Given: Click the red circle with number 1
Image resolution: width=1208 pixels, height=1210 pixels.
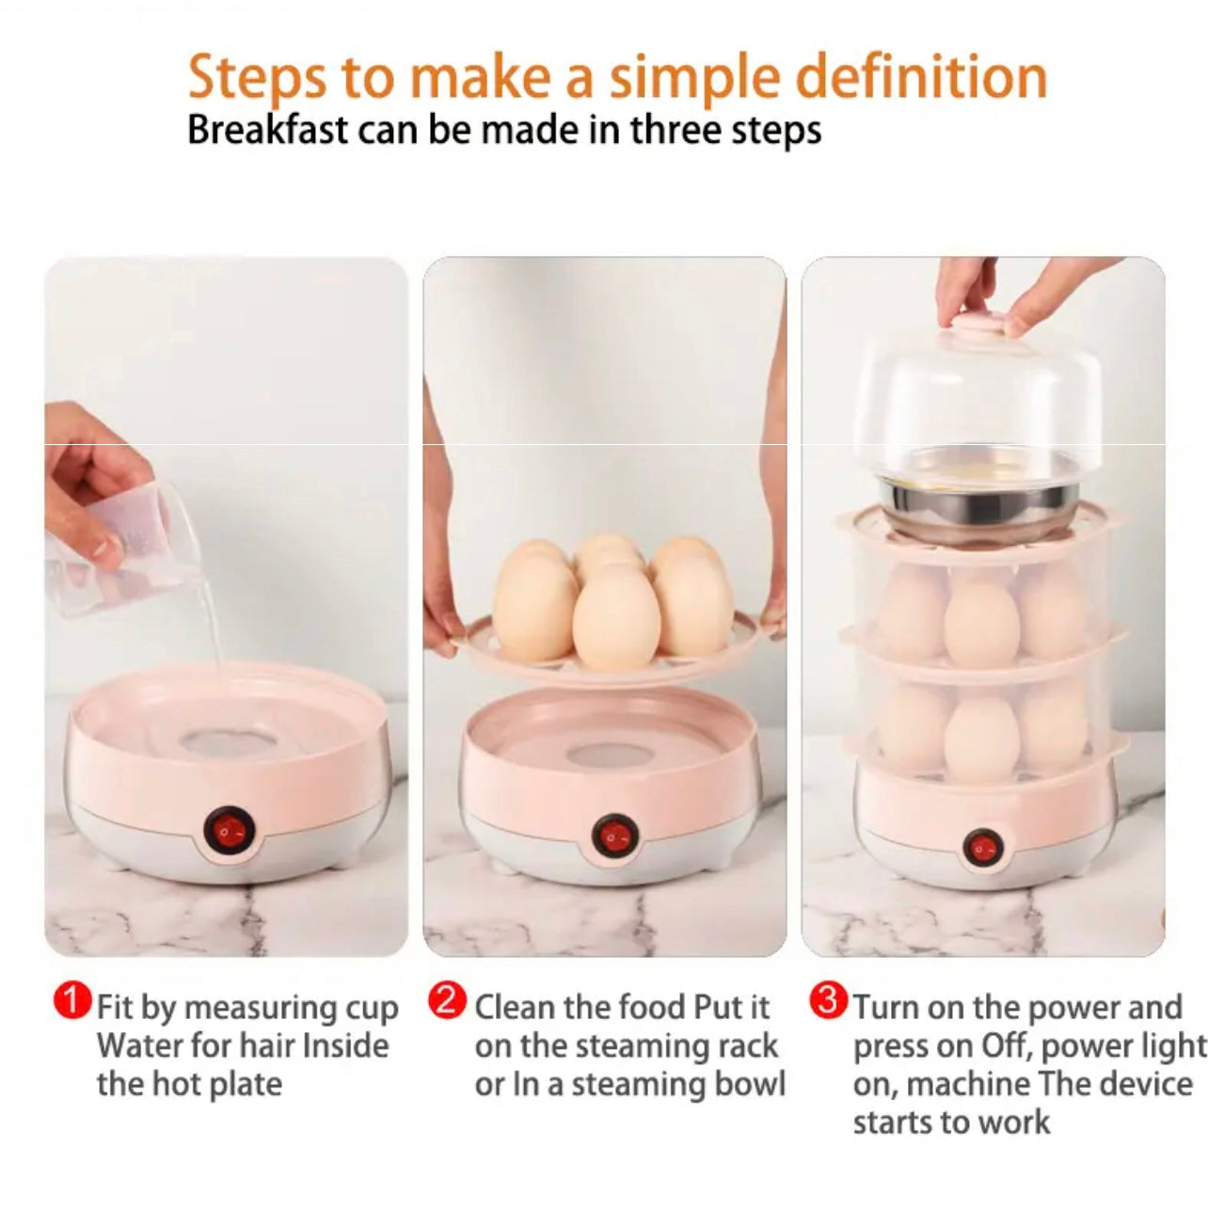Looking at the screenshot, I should coord(72,1001).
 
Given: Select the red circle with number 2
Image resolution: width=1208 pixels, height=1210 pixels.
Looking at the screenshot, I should coord(447,1001).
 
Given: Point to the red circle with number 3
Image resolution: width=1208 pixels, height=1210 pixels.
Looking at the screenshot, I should coord(828,1001).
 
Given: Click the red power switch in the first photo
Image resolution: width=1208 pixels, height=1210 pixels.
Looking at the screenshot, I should coord(229,831).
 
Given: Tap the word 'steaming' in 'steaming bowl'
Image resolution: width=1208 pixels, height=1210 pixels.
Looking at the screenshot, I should coord(637,1084).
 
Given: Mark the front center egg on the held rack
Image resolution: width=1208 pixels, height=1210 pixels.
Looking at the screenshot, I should coord(616,616).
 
